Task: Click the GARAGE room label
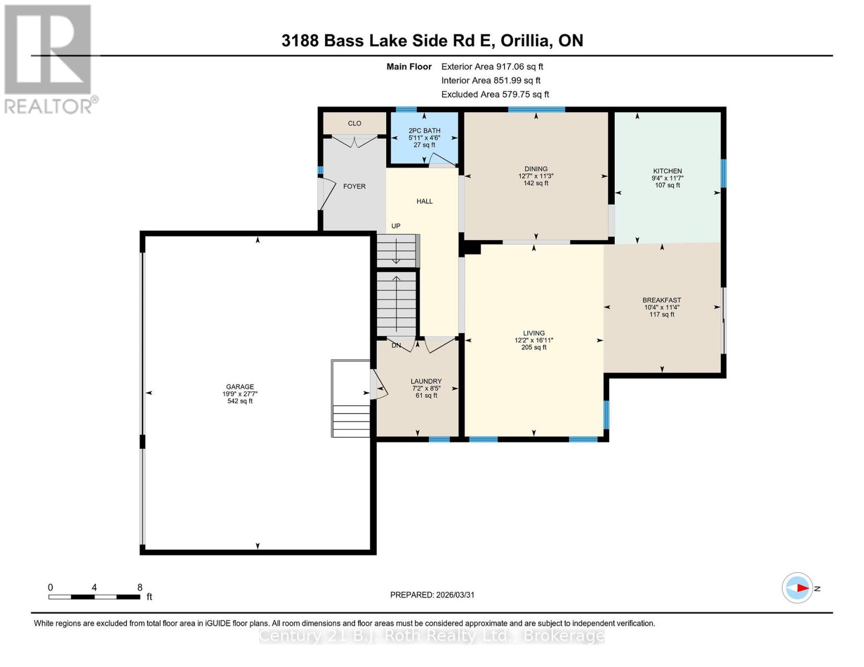pyautogui.click(x=240, y=387)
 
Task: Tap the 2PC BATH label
pyautogui.click(x=424, y=131)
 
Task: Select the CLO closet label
pyautogui.click(x=354, y=123)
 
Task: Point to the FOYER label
pyautogui.click(x=354, y=186)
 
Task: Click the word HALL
pyautogui.click(x=424, y=201)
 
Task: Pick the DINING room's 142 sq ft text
pyautogui.click(x=536, y=183)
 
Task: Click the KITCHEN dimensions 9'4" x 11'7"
pyautogui.click(x=667, y=178)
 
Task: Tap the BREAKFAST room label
pyautogui.click(x=661, y=300)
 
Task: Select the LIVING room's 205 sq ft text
pyautogui.click(x=534, y=347)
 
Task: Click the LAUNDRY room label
pyautogui.click(x=426, y=381)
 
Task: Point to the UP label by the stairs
pyautogui.click(x=396, y=226)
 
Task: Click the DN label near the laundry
pyautogui.click(x=396, y=345)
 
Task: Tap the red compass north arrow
pyautogui.click(x=801, y=588)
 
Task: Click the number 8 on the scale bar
pyautogui.click(x=140, y=587)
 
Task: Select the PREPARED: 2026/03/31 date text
pyautogui.click(x=432, y=595)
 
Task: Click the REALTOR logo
pyautogui.click(x=49, y=58)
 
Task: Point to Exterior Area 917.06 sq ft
pyautogui.click(x=492, y=67)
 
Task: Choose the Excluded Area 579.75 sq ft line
pyautogui.click(x=495, y=94)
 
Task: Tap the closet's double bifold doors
pyautogui.click(x=355, y=141)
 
